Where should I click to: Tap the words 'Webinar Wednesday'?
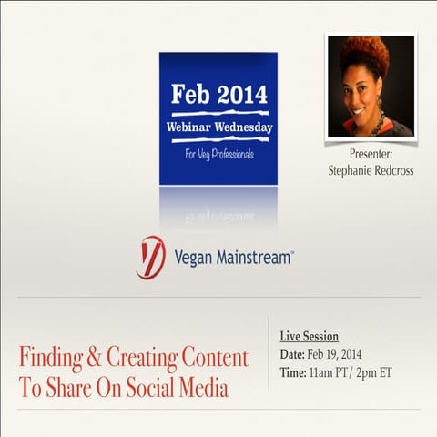218,127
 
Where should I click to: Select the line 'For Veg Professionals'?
218,155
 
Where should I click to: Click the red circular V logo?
151,258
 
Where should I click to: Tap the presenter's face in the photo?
366,91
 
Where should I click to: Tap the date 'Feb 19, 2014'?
340,353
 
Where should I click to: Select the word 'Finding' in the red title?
53,358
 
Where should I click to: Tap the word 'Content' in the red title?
213,358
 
